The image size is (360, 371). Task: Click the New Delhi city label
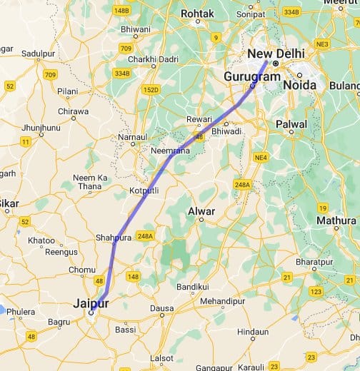(276, 54)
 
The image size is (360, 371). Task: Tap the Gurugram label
(252, 76)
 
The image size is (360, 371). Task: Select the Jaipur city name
(91, 303)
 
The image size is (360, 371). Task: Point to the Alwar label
(201, 211)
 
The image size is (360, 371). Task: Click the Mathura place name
(336, 220)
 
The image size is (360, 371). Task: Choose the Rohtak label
(197, 14)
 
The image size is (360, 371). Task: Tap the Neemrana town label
(169, 151)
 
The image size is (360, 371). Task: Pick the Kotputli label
(144, 191)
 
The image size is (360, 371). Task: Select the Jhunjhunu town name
(41, 128)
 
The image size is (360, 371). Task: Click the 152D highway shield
(151, 89)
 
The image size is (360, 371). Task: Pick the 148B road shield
(121, 10)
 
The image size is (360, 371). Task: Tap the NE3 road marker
(323, 44)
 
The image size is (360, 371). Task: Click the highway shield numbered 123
(316, 291)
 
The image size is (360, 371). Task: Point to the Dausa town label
(162, 308)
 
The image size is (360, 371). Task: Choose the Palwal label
(292, 124)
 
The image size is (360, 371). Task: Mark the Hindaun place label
(253, 332)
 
